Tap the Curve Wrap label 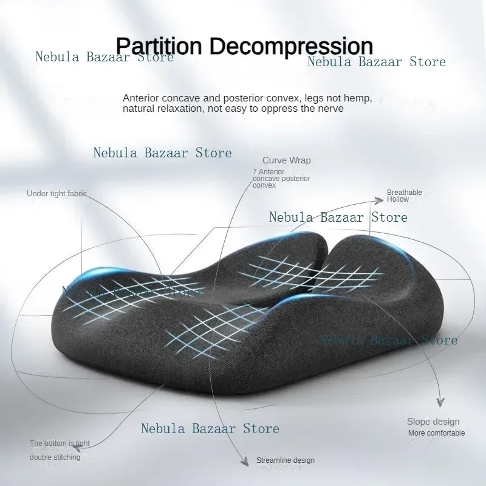coord(286,160)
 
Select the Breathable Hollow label coord(405,196)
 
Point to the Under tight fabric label coord(56,194)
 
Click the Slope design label coord(433,422)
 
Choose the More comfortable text coord(436,433)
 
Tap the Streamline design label coord(285,460)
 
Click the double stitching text coord(55,457)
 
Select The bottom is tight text coord(60,443)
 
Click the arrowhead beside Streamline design coord(245,461)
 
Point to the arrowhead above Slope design coord(440,402)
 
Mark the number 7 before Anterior coord(254,172)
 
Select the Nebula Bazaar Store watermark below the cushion coord(210,428)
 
